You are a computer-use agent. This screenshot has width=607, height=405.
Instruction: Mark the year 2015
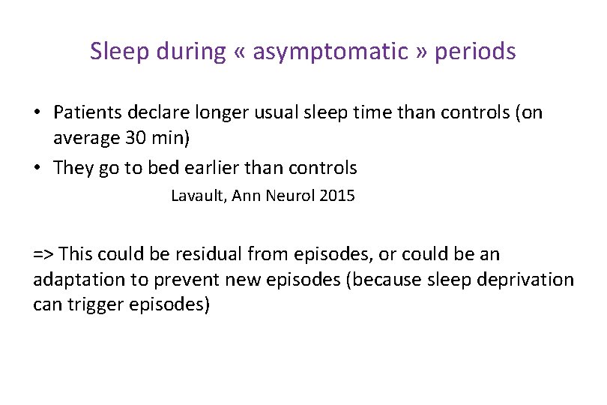pyautogui.click(x=336, y=196)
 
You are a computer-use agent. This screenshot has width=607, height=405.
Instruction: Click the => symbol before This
pyautogui.click(x=43, y=254)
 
